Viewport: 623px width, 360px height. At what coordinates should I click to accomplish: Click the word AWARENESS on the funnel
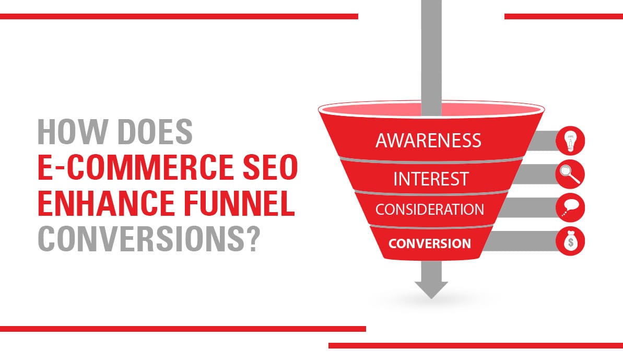[428, 140]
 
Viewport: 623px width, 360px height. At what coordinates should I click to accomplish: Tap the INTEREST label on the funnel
[431, 179]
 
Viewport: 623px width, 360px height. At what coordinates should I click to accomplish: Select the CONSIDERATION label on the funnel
[429, 210]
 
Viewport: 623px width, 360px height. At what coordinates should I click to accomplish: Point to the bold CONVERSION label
[429, 243]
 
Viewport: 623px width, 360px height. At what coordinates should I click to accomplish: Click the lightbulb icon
[570, 141]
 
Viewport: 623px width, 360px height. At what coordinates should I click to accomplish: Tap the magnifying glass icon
[570, 175]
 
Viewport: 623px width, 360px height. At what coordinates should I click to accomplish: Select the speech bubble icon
[570, 208]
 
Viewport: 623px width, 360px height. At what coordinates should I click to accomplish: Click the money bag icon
[570, 241]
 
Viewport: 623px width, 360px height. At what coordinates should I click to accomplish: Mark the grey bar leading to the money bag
[522, 241]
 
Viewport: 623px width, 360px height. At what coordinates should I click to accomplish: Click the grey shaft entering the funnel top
[431, 52]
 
